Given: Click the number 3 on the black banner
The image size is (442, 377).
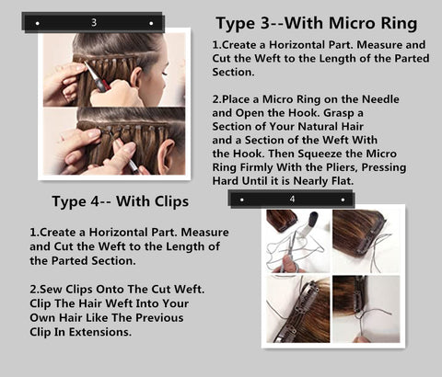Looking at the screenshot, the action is [x=94, y=22].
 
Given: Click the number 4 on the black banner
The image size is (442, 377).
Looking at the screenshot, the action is [x=292, y=200].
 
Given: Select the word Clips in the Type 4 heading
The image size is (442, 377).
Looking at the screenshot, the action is [x=171, y=202].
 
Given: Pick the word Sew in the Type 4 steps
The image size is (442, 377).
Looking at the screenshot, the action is [x=51, y=289].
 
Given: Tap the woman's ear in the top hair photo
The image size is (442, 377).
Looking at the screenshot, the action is [x=135, y=76].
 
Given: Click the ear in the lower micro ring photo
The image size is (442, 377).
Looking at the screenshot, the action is [x=165, y=154].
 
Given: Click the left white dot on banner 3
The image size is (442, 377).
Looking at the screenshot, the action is [x=38, y=23].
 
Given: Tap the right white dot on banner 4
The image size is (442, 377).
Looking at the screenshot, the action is [x=343, y=200].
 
